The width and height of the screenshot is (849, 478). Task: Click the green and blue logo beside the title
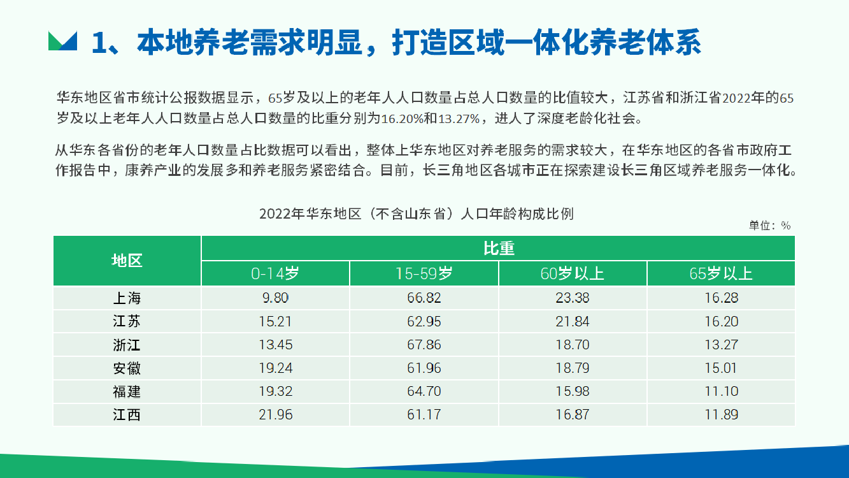click(x=62, y=41)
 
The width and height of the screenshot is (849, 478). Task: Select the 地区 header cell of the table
click(x=127, y=261)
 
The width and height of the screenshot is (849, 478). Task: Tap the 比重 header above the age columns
click(x=499, y=248)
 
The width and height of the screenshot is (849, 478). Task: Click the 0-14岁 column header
click(x=275, y=273)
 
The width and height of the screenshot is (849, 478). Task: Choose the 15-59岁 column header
click(x=424, y=273)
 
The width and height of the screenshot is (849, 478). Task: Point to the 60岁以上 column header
click(x=573, y=273)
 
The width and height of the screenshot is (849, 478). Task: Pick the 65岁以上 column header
click(x=721, y=273)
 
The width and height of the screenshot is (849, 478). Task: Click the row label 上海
click(x=127, y=298)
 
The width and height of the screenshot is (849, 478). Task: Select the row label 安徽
click(x=127, y=368)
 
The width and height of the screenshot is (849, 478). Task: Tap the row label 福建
click(x=127, y=391)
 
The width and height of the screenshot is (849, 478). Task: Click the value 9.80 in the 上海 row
click(x=275, y=298)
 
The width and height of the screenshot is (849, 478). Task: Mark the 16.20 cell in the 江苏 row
click(x=721, y=321)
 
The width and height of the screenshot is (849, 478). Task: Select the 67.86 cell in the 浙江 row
click(x=424, y=344)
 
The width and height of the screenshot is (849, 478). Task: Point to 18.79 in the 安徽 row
click(x=573, y=368)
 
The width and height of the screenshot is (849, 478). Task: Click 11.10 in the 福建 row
click(x=721, y=391)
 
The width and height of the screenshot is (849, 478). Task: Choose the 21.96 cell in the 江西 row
click(x=276, y=414)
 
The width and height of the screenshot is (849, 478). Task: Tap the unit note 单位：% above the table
click(x=770, y=226)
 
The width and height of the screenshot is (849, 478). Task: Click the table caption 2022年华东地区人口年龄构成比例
click(x=416, y=214)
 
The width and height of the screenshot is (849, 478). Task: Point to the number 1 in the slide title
click(x=99, y=43)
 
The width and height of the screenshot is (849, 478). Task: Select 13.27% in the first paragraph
click(x=459, y=119)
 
